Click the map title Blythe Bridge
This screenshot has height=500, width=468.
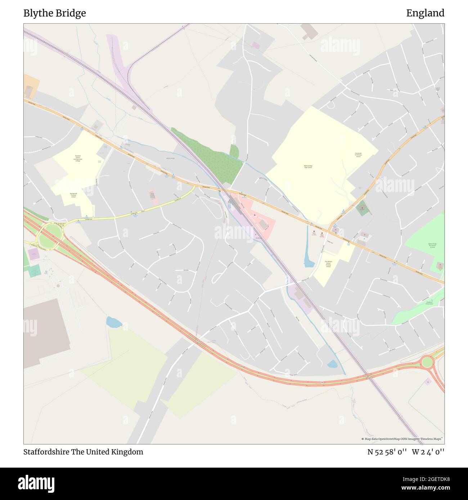55,13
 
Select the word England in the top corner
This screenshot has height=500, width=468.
425,13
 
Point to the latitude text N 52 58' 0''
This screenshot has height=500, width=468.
387,452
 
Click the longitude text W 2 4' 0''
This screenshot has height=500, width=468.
428,452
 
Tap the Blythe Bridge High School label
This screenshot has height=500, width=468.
308,167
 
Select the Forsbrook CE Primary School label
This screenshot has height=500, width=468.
358,155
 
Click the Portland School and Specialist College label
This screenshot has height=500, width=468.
78,158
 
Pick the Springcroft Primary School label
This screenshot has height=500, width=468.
73,195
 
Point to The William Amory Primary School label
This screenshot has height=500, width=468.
328,264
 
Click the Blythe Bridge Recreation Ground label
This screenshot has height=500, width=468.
432,245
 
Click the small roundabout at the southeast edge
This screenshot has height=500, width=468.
427,362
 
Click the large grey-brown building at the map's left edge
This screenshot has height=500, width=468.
45,331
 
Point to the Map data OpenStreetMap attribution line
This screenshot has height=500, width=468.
402,439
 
